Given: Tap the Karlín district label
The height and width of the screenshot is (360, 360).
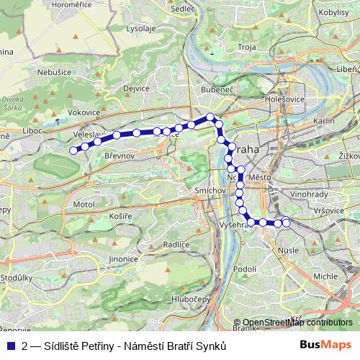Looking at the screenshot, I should point(325,122).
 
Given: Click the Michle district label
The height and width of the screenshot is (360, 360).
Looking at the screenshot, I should point(325,276).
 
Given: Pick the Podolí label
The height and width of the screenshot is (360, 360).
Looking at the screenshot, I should point(245,269).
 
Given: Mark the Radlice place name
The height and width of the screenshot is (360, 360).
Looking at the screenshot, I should point(176,245).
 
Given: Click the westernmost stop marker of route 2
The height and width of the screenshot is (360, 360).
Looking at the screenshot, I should point(73,150).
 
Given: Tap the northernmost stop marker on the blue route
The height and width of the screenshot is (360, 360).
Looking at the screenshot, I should point(210,117).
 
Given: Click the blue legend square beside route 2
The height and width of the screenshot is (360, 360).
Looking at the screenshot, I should point(11,346).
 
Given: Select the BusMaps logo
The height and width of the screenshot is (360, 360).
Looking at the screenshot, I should point(325,346).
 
